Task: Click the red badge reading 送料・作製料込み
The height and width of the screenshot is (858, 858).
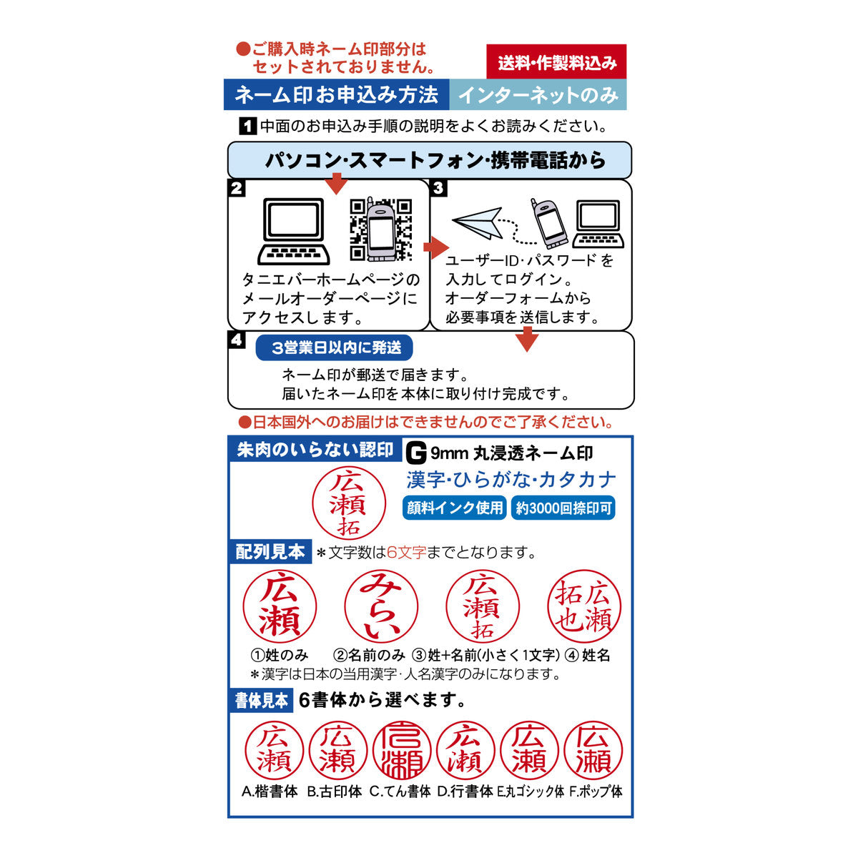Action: (x=556, y=62)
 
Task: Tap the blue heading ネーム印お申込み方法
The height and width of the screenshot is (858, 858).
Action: (x=336, y=94)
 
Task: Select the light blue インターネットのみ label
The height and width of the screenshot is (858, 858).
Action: (x=538, y=94)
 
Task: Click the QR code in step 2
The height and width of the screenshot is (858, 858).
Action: (x=381, y=229)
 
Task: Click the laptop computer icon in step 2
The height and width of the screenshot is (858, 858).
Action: (x=294, y=231)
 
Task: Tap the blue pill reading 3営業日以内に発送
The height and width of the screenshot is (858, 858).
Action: (x=335, y=348)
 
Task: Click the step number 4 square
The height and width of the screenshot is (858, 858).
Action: (x=236, y=340)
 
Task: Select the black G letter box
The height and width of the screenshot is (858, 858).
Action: (x=415, y=453)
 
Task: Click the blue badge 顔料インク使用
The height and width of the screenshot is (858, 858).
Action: (x=454, y=508)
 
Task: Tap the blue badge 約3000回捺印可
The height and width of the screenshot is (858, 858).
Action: (x=563, y=508)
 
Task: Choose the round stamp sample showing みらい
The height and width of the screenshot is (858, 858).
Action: (x=380, y=606)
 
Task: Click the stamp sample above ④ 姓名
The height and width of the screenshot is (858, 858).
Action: (x=584, y=606)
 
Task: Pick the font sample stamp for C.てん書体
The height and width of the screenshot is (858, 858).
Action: (x=401, y=750)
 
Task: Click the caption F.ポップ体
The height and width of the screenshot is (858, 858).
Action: (x=596, y=792)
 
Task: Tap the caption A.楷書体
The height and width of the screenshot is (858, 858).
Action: (x=270, y=792)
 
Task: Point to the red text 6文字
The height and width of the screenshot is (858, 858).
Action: (x=406, y=552)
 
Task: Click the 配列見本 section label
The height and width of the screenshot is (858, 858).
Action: (x=270, y=551)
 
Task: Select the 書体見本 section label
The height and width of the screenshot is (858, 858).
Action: (x=262, y=700)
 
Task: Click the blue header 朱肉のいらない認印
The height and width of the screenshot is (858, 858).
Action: (x=315, y=450)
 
